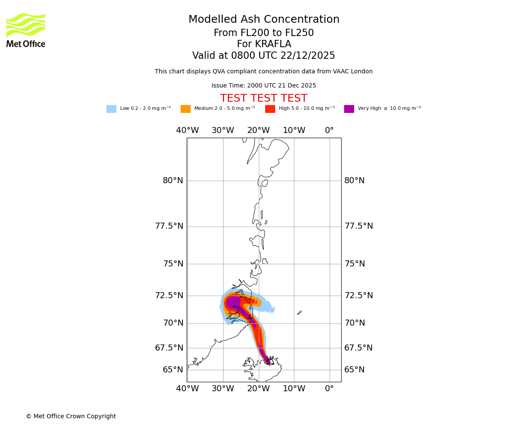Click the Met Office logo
tap(26, 30)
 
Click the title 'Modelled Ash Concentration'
tap(264, 20)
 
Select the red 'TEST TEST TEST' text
tap(264, 98)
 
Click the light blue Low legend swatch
tap(111, 109)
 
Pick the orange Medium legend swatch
tap(185, 109)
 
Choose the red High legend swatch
tap(270, 109)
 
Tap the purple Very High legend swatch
tap(349, 109)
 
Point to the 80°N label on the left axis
tap(173, 181)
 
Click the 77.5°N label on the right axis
tap(358, 226)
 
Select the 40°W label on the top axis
tap(187, 130)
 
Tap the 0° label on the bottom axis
tap(329, 389)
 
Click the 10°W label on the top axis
tap(294, 130)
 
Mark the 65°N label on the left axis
tap(173, 370)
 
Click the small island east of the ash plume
tap(300, 313)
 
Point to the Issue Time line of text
tap(264, 86)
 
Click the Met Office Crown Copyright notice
tap(71, 416)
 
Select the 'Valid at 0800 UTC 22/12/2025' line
tap(264, 56)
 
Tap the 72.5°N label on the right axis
tap(358, 296)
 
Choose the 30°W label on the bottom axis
tap(223, 389)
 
